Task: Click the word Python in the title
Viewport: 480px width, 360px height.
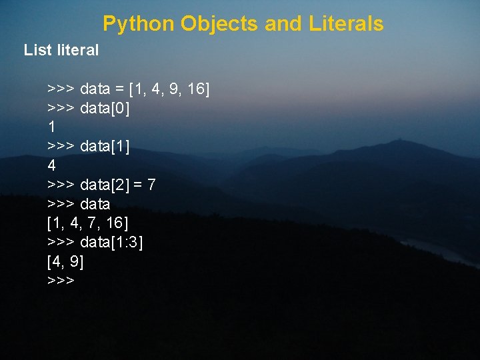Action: pos(139,24)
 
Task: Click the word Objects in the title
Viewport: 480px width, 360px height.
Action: pos(219,24)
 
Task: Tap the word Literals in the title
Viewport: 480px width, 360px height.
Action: pos(346,24)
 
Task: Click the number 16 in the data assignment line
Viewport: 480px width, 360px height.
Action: pos(197,89)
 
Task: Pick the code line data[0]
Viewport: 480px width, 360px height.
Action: pos(105,108)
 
